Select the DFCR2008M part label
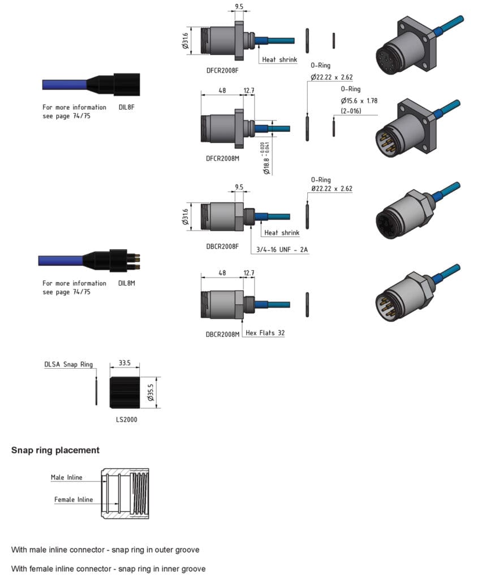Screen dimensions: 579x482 (222, 158)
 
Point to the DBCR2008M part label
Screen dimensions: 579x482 (222, 334)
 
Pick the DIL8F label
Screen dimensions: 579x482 (126, 107)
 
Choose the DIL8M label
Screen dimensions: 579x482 (127, 283)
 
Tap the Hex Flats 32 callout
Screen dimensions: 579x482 (265, 333)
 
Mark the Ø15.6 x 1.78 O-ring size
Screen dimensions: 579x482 (359, 101)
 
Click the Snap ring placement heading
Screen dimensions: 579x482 (55, 450)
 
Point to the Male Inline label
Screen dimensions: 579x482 (66, 477)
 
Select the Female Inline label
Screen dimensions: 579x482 (73, 499)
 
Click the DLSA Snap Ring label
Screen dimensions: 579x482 (68, 365)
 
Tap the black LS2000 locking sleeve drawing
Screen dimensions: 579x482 (124, 392)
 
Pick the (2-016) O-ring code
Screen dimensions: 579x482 (351, 110)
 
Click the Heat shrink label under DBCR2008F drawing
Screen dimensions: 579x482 (282, 232)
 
